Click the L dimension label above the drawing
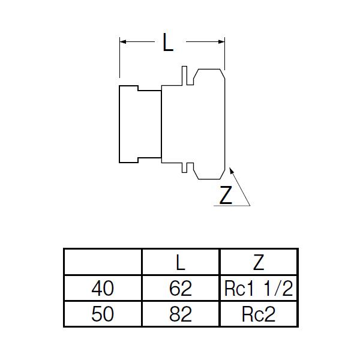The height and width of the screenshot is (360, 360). [x=169, y=43]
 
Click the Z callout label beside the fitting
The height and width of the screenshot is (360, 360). [x=226, y=196]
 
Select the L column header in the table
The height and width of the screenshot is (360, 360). [x=181, y=262]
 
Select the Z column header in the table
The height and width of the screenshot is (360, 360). [x=259, y=262]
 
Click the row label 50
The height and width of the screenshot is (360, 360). [x=102, y=314]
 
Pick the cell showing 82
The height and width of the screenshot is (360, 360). [x=181, y=314]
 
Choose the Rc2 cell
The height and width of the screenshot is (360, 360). [x=259, y=314]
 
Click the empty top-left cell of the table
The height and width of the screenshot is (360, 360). [x=102, y=262]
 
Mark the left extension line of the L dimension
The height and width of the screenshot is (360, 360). [x=120, y=60]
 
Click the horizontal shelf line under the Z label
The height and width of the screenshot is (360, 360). [x=232, y=206]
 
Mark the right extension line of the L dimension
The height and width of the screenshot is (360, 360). [x=224, y=54]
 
